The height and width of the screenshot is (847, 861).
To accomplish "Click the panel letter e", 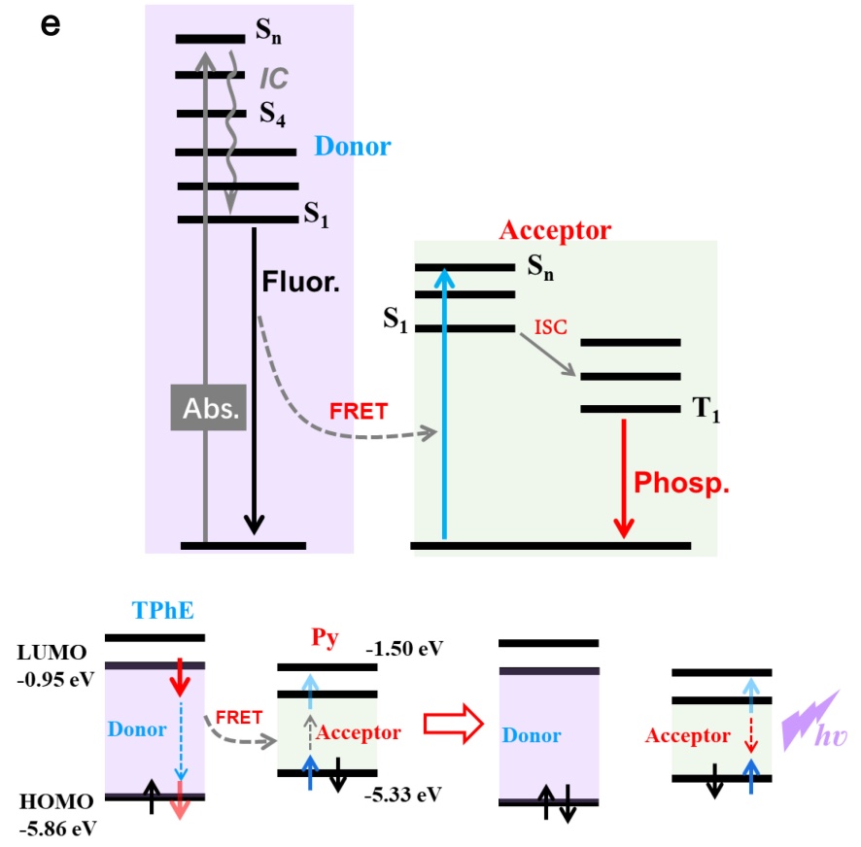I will (x=51, y=24).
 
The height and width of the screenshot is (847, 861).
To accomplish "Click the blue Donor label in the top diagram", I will (x=352, y=148).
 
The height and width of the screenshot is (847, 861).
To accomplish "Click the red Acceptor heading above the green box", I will (x=555, y=230).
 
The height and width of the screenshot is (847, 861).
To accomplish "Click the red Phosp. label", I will (x=681, y=483).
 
